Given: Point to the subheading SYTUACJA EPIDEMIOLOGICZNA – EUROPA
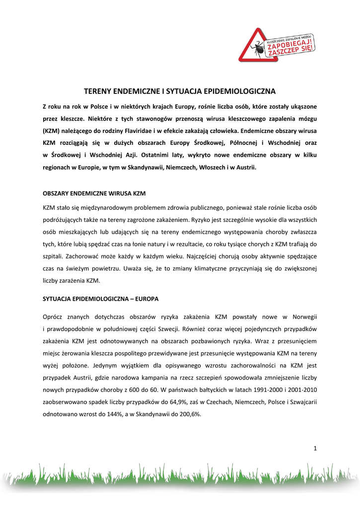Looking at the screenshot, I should (x=101, y=299).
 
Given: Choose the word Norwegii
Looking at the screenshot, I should (x=304, y=316).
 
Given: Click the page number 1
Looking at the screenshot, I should (x=315, y=448).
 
